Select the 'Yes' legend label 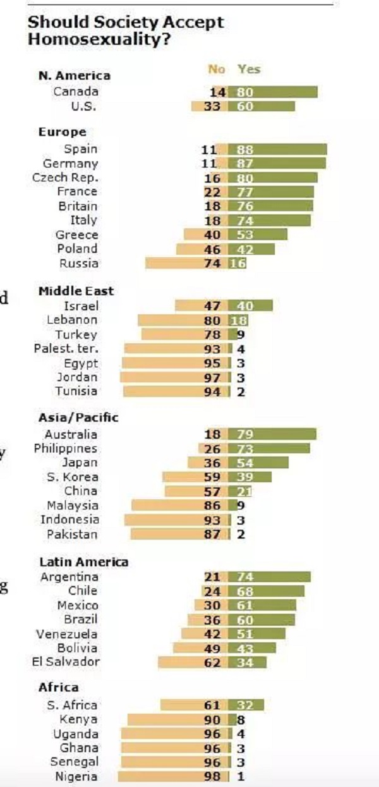click(x=249, y=70)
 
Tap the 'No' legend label click(x=217, y=70)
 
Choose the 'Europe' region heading click(x=62, y=132)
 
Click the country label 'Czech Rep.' click(x=64, y=178)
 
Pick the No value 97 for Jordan click(x=213, y=377)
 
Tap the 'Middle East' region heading click(x=76, y=291)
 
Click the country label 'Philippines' click(x=66, y=448)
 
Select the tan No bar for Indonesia click(x=164, y=520)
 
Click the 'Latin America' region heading click(x=83, y=562)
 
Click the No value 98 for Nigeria click(x=213, y=777)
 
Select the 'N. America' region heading click(x=74, y=76)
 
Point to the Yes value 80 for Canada click(x=245, y=92)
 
